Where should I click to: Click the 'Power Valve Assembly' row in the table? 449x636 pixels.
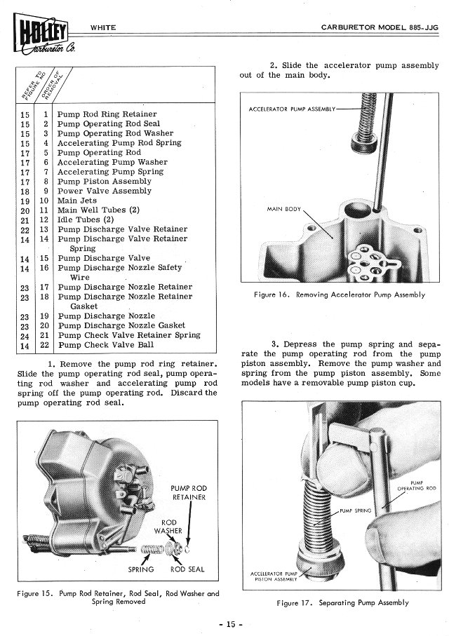104,191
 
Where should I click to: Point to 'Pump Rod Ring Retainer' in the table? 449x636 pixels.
107,114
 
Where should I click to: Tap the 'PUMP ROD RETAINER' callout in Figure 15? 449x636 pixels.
189,492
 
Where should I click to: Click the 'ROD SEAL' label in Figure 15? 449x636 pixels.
187,569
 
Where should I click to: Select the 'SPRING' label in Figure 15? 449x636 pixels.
141,569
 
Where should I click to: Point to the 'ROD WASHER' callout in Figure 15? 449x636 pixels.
169,526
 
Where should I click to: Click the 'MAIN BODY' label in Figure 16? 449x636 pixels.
284,209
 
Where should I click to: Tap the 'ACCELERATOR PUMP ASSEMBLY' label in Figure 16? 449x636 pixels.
292,109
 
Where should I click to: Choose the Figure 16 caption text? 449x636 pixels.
340,295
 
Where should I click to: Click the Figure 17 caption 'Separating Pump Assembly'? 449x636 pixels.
343,603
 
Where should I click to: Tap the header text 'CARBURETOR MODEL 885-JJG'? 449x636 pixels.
375,27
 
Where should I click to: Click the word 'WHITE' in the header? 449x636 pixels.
103,27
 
